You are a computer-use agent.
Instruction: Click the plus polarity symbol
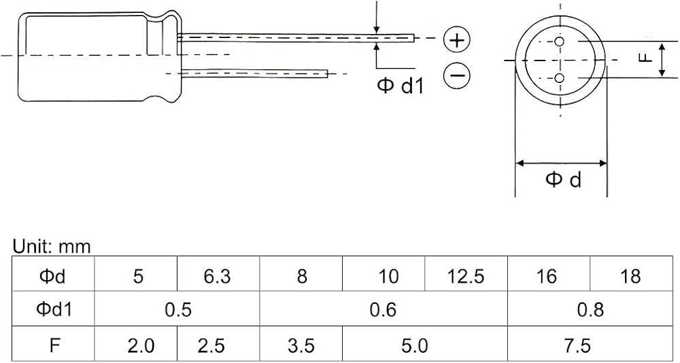coord(457,40)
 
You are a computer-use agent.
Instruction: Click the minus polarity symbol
coord(457,75)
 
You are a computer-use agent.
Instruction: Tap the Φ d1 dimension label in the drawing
coord(400,86)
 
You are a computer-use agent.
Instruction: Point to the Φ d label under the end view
coord(563,179)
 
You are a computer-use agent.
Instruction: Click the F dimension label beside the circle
coord(646,58)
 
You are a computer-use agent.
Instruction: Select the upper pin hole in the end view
coord(560,41)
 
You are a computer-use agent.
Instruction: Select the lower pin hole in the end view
coord(560,77)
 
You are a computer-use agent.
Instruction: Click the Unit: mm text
coord(52,247)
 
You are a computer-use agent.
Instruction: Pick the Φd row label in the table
coord(52,276)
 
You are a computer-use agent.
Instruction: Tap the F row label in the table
coord(54,346)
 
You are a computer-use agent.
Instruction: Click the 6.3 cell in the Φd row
coord(218,276)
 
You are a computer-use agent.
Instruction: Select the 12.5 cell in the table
coord(465,276)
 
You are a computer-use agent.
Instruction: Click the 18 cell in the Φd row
coord(630,276)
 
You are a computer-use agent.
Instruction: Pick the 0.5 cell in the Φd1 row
coord(178,310)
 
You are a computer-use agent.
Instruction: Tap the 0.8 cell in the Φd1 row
coord(590,310)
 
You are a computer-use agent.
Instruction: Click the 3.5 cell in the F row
coord(301,346)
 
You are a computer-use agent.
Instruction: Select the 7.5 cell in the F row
coord(578,346)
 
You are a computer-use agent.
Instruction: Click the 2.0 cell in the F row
coord(141,346)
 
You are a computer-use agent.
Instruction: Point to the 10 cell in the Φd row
coord(388,276)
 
